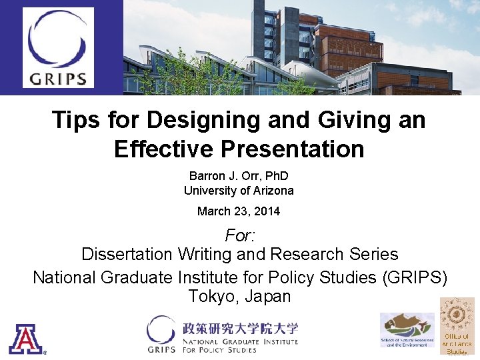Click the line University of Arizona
tap(239, 191)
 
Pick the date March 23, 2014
tap(239, 211)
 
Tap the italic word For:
tap(239, 235)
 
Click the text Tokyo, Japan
tap(239, 296)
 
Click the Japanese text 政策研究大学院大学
tap(241, 329)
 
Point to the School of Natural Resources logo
tap(407, 331)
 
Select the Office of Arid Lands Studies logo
tap(457, 327)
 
